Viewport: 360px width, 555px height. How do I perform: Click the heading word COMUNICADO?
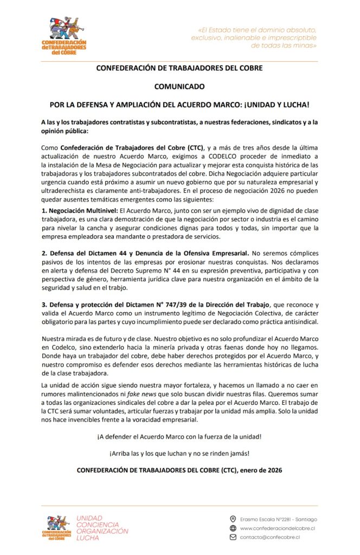click(x=179, y=86)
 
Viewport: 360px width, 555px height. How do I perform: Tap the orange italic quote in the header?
click(x=254, y=37)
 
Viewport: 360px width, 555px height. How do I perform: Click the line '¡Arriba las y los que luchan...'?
click(x=179, y=454)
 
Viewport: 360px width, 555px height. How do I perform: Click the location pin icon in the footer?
click(x=233, y=519)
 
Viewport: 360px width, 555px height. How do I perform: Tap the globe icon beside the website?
click(x=233, y=528)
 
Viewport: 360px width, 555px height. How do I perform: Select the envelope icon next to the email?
click(x=233, y=537)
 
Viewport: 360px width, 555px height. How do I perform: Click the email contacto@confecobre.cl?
click(x=270, y=537)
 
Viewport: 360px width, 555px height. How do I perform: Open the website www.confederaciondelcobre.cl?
click(x=278, y=528)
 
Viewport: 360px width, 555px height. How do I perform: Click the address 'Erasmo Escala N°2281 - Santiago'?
click(x=278, y=519)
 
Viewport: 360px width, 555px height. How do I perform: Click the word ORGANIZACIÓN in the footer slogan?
click(x=103, y=531)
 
